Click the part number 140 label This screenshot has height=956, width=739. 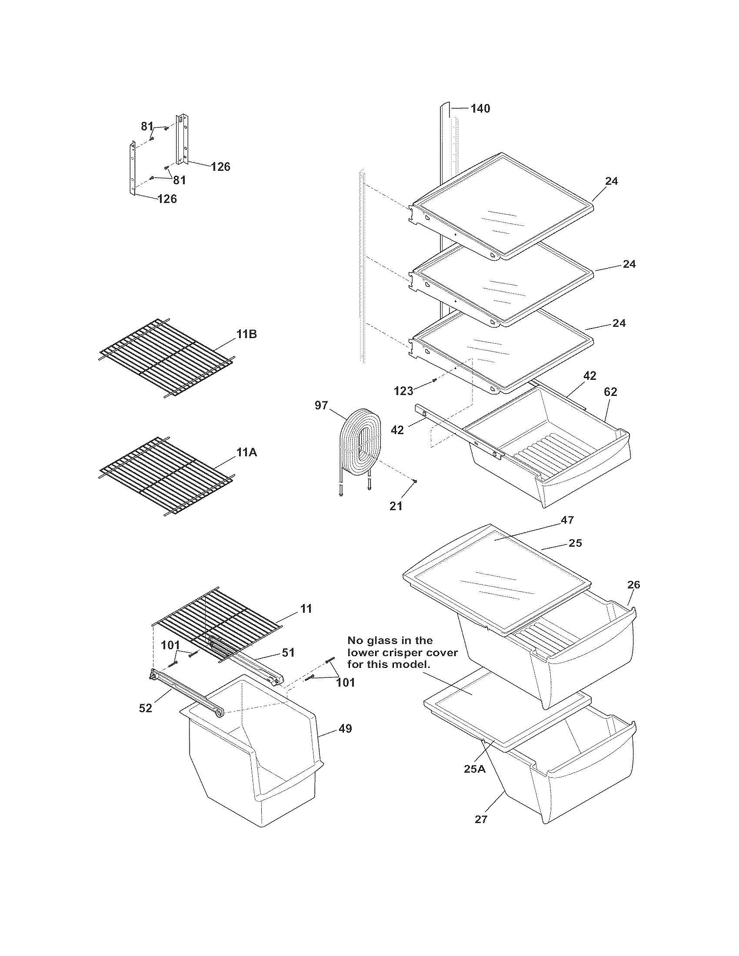click(480, 109)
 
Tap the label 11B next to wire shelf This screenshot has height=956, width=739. click(246, 335)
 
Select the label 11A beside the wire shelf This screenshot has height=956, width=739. click(246, 453)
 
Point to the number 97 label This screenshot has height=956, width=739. click(321, 405)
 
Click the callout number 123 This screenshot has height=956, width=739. click(403, 390)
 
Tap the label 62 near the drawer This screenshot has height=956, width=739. click(610, 392)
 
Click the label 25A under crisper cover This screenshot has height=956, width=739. click(475, 769)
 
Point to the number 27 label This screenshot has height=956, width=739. click(481, 820)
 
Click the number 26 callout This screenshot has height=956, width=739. click(633, 584)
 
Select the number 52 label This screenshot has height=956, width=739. click(145, 708)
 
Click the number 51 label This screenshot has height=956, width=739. click(288, 653)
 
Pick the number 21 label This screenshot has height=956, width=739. click(396, 506)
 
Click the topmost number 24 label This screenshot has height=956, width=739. click(611, 181)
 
